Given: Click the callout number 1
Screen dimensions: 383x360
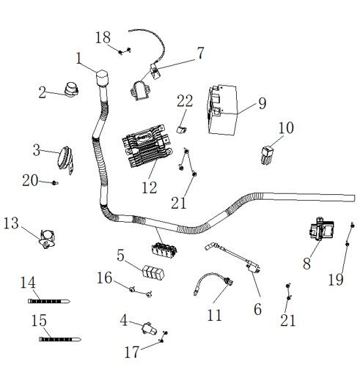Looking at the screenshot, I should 79,57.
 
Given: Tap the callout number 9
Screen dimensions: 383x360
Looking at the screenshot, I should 262,103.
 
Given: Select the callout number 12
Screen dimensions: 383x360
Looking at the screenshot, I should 150,187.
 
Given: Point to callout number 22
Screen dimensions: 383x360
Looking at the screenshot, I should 185,100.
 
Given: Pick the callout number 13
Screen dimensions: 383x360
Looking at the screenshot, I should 12,222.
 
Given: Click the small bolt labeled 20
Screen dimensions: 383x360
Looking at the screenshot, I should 54,182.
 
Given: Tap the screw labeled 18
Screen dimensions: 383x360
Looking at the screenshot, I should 127,51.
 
